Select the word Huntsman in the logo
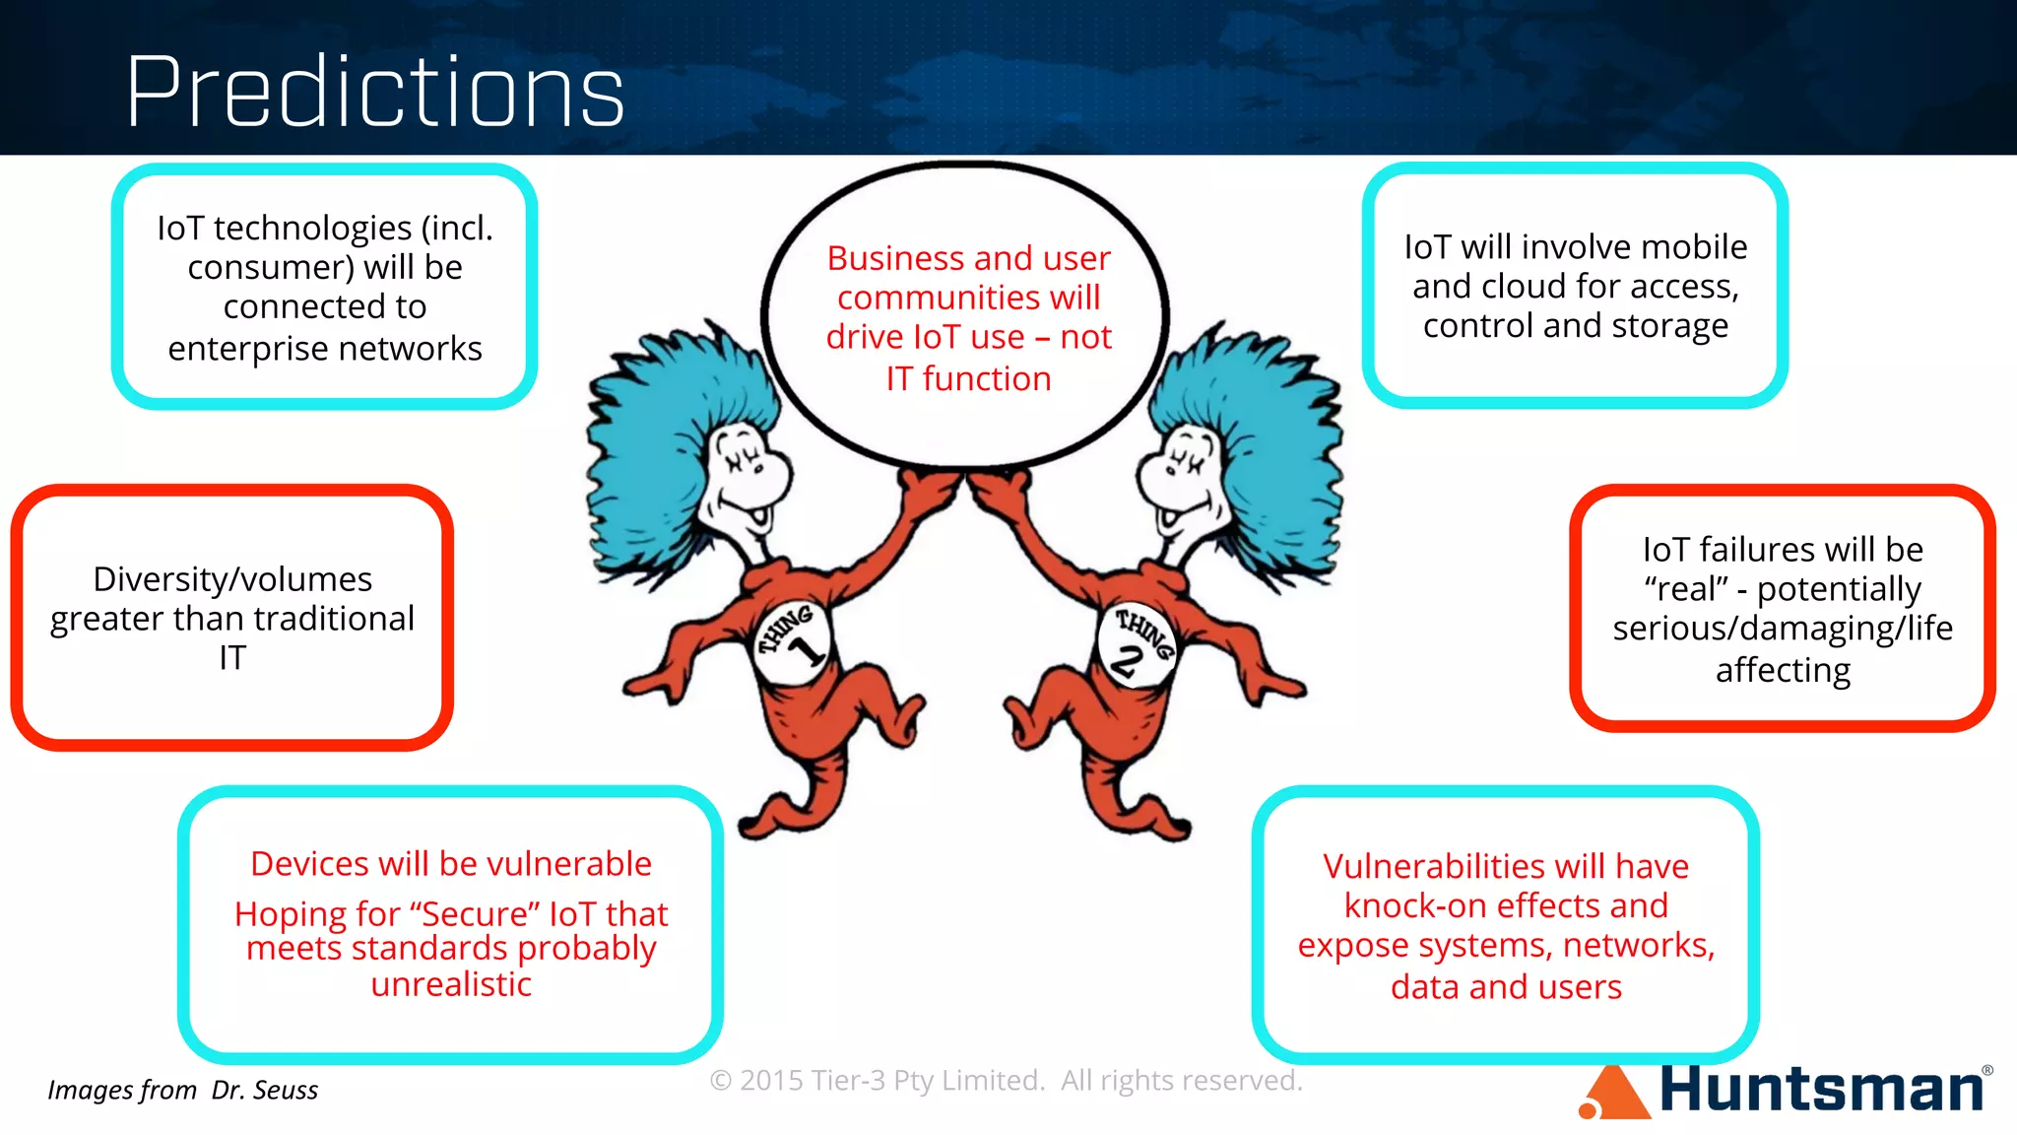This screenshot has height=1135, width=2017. pyautogui.click(x=1822, y=1089)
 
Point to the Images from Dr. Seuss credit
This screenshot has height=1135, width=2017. pyautogui.click(x=182, y=1090)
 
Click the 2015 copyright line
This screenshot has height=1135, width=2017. pyautogui.click(x=1006, y=1081)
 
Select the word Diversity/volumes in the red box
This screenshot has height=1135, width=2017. pyautogui.click(x=232, y=579)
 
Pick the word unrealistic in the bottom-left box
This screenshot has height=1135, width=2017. pyautogui.click(x=451, y=984)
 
